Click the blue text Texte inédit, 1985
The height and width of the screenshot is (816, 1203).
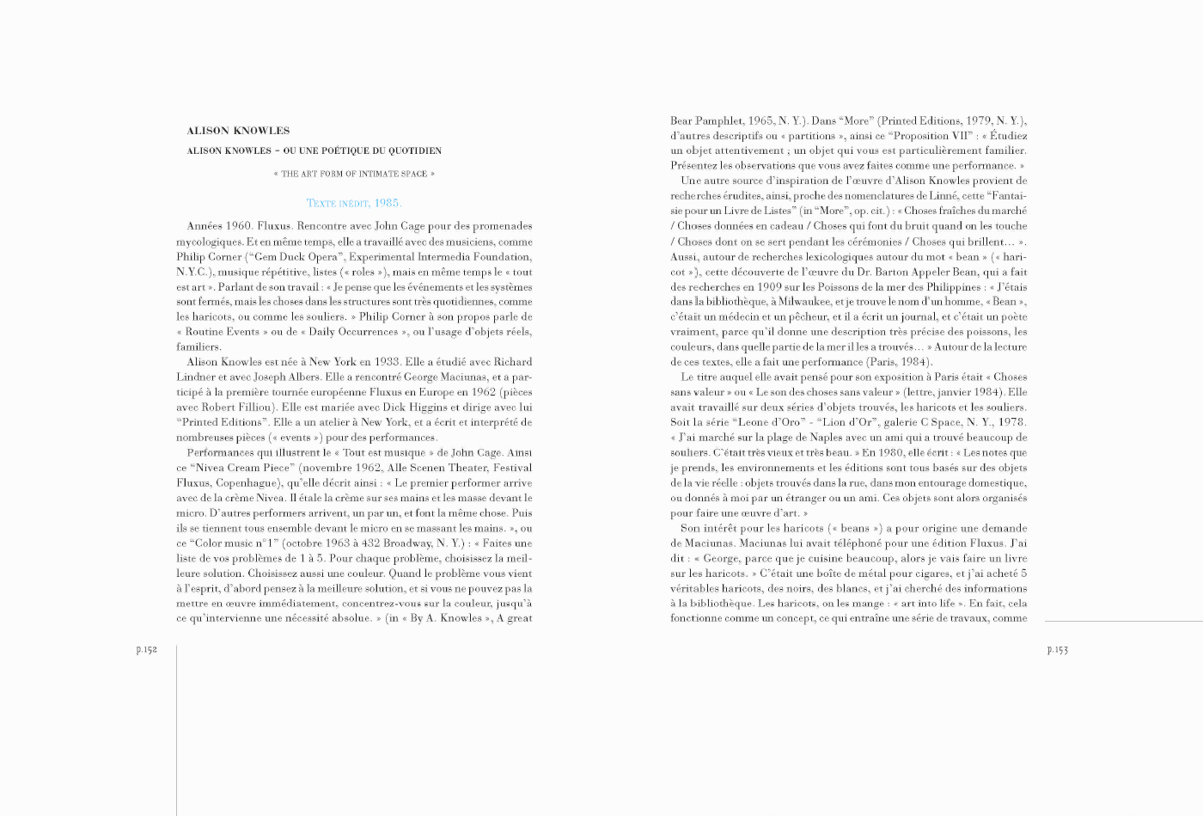tap(354, 204)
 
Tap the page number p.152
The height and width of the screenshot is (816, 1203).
tap(147, 650)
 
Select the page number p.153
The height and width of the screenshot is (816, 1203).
tap(1057, 650)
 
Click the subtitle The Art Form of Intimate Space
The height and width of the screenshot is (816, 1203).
tap(354, 175)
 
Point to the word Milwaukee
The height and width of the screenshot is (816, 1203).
tap(823, 302)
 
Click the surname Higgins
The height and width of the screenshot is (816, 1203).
tap(404, 408)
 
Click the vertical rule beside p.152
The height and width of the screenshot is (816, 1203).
tap(176, 731)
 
